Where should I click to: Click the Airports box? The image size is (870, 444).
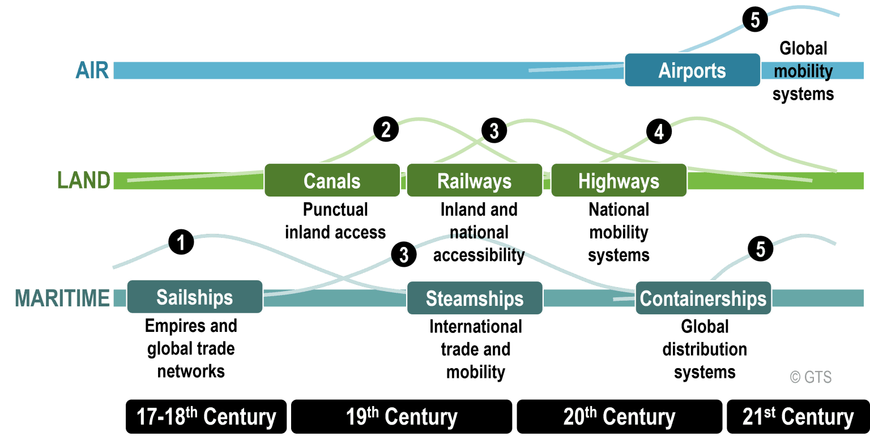point(692,70)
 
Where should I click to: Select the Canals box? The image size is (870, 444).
point(332,181)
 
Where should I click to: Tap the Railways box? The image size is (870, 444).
point(474,181)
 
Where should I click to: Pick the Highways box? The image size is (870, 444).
point(619,181)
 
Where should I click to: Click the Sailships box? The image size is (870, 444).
point(194,297)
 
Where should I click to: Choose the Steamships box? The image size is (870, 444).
point(474,298)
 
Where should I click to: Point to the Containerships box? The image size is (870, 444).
point(703,298)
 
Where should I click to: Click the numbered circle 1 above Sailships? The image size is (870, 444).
point(181,244)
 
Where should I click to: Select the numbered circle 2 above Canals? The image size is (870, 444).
point(386,130)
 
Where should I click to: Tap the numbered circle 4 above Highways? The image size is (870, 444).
point(659,132)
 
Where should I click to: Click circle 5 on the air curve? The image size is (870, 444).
point(755,20)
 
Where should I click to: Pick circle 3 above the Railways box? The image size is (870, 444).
point(494,131)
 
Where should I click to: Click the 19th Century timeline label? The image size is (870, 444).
point(401,417)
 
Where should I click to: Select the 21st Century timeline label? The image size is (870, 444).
point(797,417)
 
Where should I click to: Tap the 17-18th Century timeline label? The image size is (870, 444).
point(206,417)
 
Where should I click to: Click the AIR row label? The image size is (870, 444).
point(92,71)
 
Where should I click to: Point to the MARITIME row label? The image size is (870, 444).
point(62,298)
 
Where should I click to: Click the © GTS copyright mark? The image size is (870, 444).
point(811,377)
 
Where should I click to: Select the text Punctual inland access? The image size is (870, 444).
point(335,221)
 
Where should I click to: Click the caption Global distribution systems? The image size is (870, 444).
point(704,349)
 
